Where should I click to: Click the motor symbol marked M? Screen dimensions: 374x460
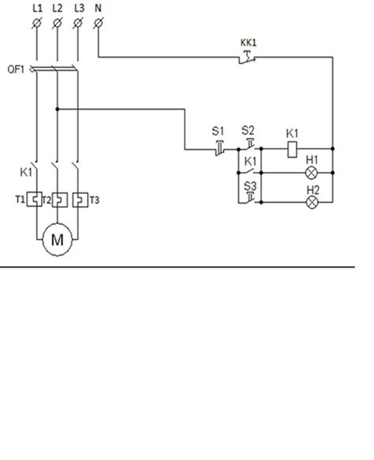pos(57,240)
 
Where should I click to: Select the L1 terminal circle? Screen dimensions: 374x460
pos(36,23)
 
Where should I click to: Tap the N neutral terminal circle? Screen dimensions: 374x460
pos(99,23)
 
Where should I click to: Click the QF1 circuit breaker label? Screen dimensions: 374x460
pos(16,69)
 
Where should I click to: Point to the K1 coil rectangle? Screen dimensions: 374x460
pos(292,150)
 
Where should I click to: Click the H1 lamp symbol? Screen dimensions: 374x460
pos(311,173)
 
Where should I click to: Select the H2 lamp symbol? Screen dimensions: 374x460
pos(312,203)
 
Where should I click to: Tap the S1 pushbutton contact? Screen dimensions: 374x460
pos(219,148)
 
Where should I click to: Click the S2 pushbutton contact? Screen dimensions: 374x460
pos(249,144)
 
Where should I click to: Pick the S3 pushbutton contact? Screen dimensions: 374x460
pos(250,198)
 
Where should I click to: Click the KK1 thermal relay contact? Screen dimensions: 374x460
pos(248,58)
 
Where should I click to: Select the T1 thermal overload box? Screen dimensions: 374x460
pos(34,200)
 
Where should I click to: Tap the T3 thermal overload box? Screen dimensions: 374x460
pos(80,200)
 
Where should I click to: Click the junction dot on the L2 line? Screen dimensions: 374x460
pos(58,109)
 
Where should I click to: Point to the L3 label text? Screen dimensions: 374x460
pos(79,8)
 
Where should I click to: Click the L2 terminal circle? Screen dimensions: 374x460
pos(57,23)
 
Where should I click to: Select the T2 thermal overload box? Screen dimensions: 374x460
pos(60,200)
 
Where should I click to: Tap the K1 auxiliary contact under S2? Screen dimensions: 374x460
pos(249,170)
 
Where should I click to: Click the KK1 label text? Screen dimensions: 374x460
pos(249,43)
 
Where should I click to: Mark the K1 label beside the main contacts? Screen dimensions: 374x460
pos(26,172)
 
